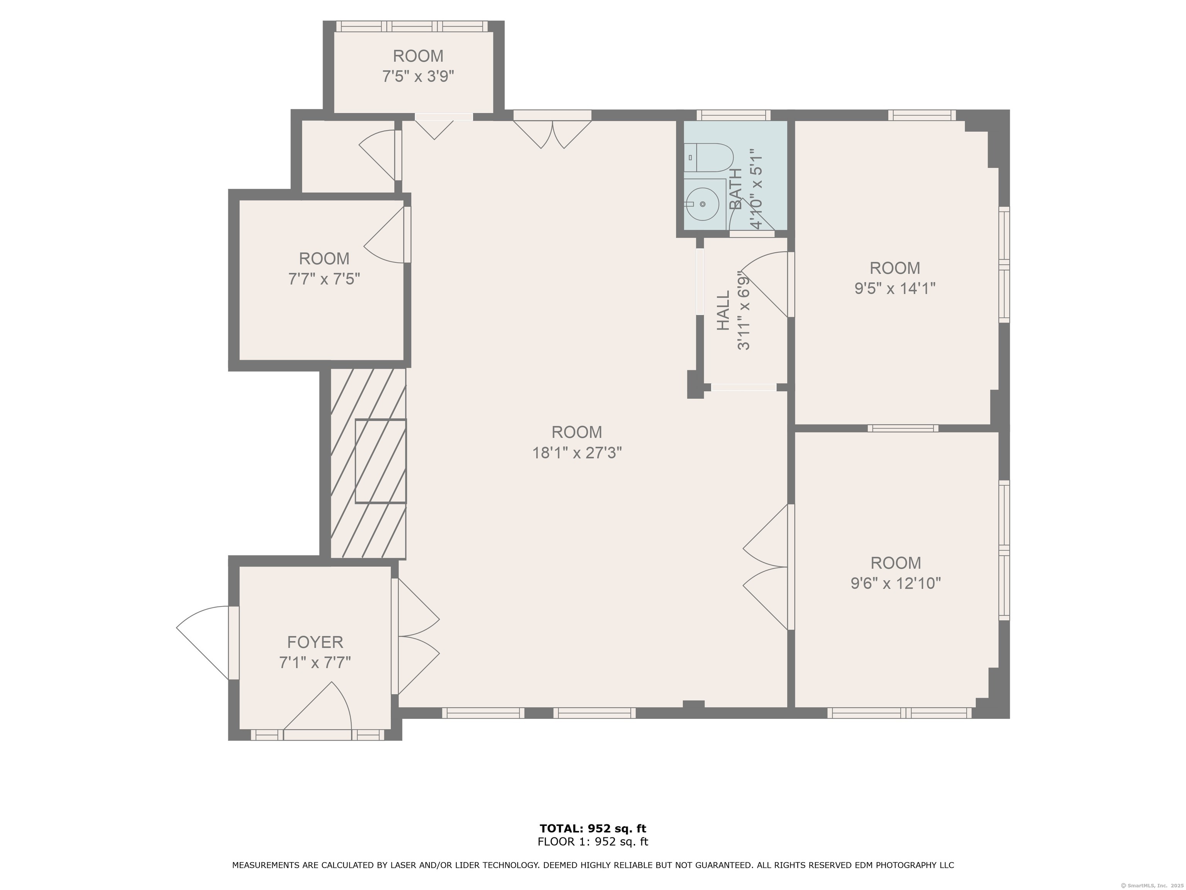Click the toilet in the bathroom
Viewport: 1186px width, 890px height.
tap(709, 157)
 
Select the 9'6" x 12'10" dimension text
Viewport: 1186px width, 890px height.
tap(895, 583)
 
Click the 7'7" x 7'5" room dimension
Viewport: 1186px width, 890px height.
tap(324, 279)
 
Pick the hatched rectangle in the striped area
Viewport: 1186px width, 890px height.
tap(380, 461)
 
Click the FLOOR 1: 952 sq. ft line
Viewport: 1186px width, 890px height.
tap(593, 842)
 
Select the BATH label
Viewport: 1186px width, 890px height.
tap(735, 189)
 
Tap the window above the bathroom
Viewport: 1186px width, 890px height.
tap(733, 115)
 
